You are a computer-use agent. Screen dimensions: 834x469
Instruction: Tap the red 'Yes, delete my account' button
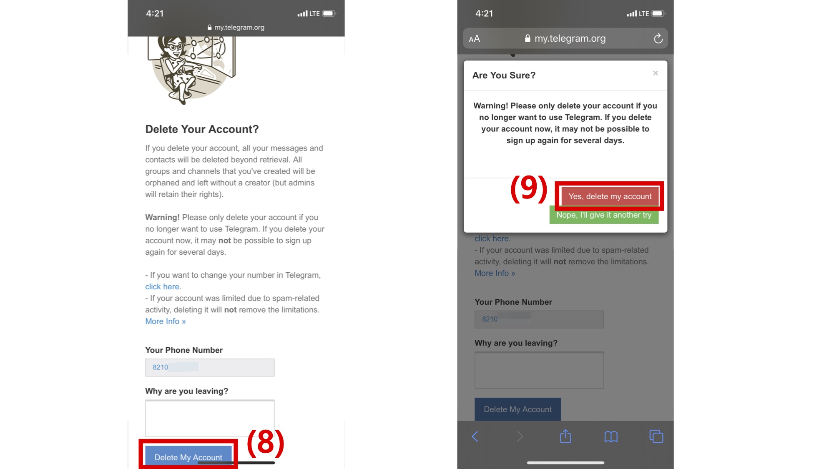[610, 196]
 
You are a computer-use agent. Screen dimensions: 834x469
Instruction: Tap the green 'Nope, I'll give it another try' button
[604, 215]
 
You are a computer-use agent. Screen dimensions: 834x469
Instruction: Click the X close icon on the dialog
[656, 73]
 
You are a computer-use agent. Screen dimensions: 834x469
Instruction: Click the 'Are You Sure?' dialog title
[504, 75]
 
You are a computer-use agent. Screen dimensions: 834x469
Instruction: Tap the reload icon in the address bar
[658, 38]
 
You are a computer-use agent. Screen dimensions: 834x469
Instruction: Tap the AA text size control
[475, 39]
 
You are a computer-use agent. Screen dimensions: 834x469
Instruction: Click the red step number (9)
[529, 188]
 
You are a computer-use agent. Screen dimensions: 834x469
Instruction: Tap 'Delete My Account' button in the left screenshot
[188, 457]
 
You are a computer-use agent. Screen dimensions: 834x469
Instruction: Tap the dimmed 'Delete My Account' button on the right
[517, 409]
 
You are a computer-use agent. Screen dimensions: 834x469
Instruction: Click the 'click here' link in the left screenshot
[162, 287]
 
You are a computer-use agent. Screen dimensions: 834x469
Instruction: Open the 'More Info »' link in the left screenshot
[166, 321]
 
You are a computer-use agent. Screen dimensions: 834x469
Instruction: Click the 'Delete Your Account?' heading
[202, 129]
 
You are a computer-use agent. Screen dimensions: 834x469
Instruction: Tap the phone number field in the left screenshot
[210, 367]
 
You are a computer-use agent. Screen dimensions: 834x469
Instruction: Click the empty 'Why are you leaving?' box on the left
[210, 418]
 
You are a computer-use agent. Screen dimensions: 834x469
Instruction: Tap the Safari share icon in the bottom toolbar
[565, 436]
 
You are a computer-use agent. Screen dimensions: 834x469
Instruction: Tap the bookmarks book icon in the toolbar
[611, 436]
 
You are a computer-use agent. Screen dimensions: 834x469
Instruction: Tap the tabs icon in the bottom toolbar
[656, 436]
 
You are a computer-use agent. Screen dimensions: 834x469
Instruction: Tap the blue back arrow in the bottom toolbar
[475, 436]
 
